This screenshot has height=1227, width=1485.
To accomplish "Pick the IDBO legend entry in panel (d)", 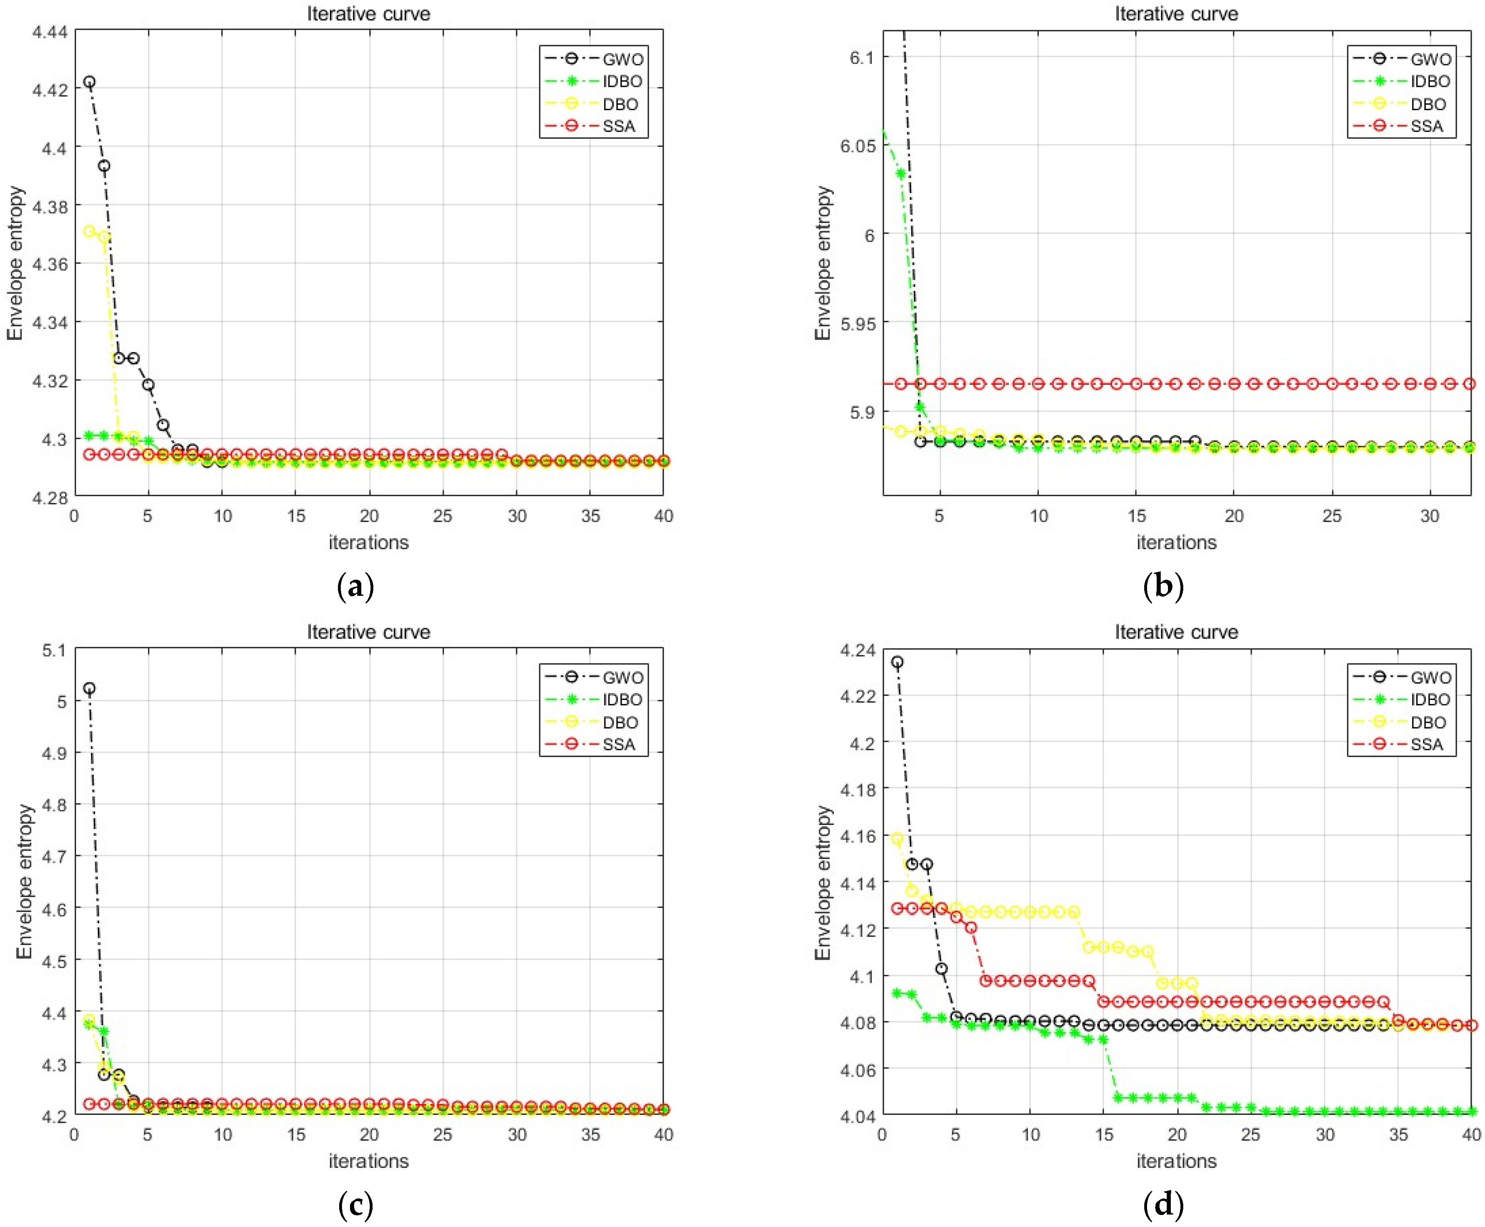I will pos(1430,700).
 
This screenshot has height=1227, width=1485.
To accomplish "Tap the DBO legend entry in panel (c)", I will pos(620,722).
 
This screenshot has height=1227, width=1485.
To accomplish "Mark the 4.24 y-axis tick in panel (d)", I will pos(857,650).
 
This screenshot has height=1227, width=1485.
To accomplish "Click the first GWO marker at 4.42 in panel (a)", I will pos(89,82).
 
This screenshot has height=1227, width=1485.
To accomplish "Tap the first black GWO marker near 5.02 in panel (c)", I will pos(89,688).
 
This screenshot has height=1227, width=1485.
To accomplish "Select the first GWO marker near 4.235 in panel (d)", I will pos(897,662).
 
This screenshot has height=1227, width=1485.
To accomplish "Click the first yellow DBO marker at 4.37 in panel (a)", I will pos(89,231).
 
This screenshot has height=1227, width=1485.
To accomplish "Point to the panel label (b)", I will pos(1163,586).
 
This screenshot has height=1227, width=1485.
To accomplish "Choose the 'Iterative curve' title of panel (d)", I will pos(1176,632).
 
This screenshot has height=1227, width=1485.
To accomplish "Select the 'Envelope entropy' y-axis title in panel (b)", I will pos(822,263).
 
